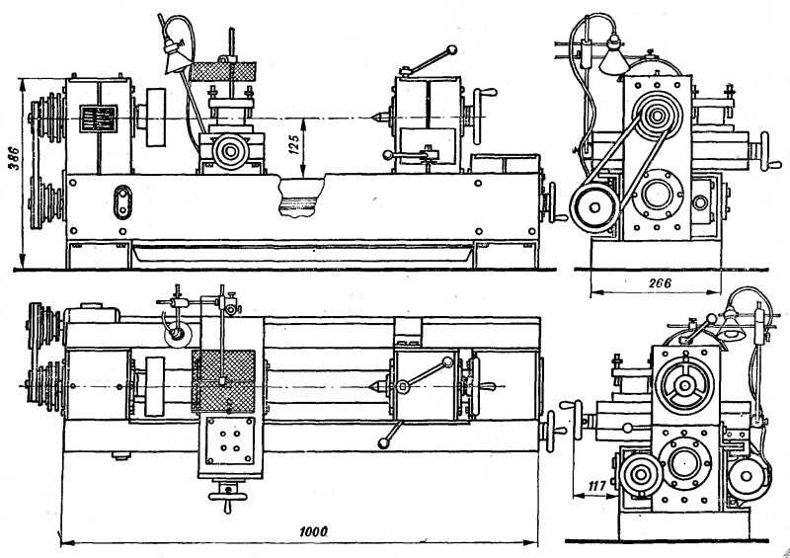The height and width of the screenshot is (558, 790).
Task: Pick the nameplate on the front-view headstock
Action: [x=98, y=120]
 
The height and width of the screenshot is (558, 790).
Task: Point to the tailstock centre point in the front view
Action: [x=375, y=117]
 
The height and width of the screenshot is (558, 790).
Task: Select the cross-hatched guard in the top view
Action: [x=225, y=381]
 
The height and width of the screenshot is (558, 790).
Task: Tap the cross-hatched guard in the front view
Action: [x=226, y=71]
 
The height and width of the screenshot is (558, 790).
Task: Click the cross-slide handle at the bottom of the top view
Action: [x=230, y=499]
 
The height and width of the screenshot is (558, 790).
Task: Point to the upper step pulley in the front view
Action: [x=42, y=117]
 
